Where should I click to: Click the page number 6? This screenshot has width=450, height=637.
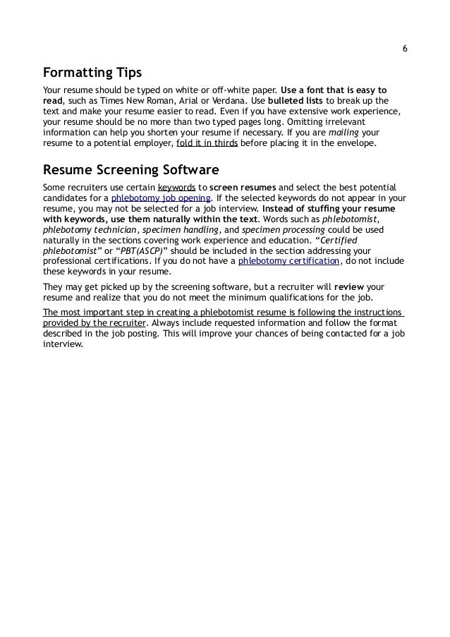click(404, 49)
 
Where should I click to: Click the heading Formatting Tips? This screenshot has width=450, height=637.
click(92, 73)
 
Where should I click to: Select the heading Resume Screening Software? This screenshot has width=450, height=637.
click(131, 170)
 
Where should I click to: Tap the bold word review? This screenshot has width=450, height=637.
click(349, 287)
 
